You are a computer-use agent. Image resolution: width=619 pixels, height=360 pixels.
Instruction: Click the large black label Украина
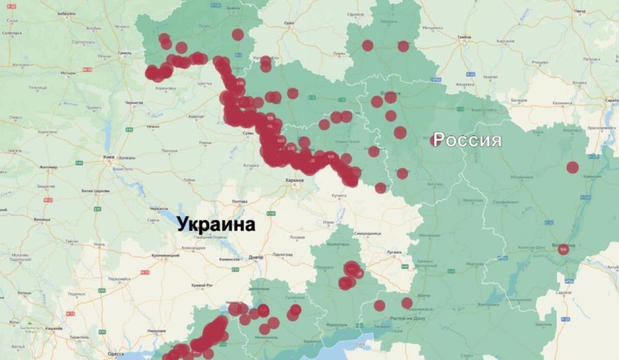pos(215,225)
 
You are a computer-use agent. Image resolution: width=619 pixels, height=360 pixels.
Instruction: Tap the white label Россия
pos(467,140)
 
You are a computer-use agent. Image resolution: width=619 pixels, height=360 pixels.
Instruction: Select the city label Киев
pos(109,157)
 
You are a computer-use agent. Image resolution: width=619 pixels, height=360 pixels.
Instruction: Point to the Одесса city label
pos(116,354)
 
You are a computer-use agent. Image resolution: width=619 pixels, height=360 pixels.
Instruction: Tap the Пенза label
pos(580,11)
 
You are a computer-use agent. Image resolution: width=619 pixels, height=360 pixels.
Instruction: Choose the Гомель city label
pos(124,54)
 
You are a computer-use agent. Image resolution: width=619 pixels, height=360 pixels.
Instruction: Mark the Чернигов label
pos(133,103)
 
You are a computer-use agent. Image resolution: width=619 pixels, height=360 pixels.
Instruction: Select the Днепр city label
pos(256,257)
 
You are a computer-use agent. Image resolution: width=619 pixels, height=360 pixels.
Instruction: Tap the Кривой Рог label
pos(201,285)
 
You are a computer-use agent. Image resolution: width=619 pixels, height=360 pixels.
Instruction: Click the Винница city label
pos(43,219)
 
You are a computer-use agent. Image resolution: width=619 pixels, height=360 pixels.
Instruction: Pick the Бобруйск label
pos(66,14)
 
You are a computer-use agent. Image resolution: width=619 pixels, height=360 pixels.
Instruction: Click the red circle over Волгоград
pos(564,249)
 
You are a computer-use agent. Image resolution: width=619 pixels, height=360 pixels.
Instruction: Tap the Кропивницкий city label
pos(165,255)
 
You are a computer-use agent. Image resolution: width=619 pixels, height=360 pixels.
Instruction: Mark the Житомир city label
pos(48,167)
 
